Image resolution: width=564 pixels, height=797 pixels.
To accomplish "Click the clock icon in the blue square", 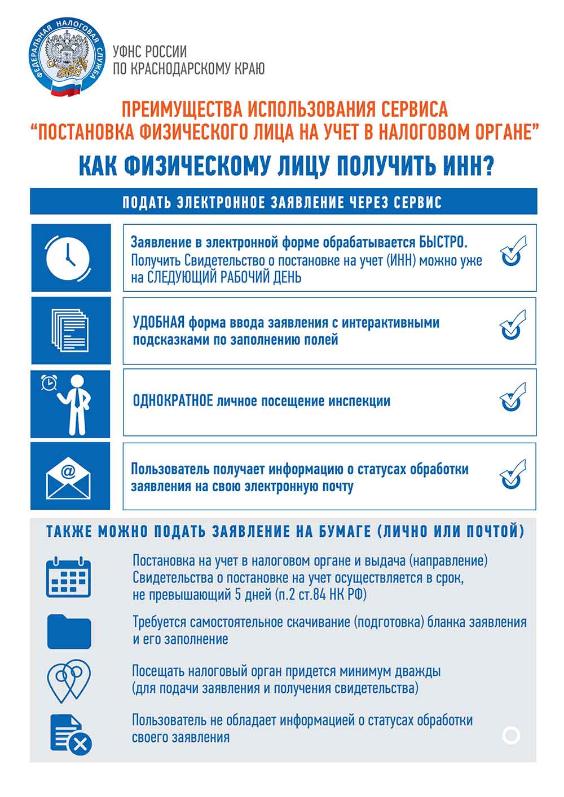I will [x=68, y=258].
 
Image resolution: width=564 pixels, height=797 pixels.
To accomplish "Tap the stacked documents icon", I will [x=70, y=331].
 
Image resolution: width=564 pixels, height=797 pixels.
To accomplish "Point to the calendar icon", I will [x=68, y=577].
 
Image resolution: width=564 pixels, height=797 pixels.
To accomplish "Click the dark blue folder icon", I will [x=69, y=631].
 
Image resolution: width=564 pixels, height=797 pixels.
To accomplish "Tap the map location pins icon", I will [x=69, y=680].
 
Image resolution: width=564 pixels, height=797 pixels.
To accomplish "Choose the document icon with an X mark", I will [x=70, y=733].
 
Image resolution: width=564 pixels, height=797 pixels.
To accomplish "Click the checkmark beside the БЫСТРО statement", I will [x=513, y=251].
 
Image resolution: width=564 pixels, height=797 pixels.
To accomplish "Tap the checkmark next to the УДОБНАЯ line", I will [x=513, y=324].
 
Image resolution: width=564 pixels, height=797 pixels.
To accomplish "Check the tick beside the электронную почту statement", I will [x=513, y=475].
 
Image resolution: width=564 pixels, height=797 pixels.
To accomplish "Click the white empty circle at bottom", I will [x=511, y=735].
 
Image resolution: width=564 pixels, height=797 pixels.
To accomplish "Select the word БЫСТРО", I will [x=443, y=243].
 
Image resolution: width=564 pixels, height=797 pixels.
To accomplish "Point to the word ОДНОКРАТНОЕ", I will [x=173, y=401].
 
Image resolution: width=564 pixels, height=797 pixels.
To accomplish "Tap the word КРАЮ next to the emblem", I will [x=248, y=69].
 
